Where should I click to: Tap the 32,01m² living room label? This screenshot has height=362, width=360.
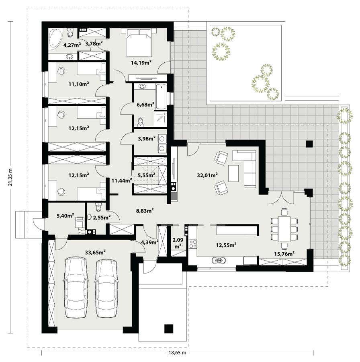(207, 175)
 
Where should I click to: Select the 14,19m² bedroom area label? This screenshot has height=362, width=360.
(140, 62)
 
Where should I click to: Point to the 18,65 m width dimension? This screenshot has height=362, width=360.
(177, 353)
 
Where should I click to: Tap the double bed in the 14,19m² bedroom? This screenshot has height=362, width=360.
(139, 43)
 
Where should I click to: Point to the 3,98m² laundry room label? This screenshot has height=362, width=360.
(146, 139)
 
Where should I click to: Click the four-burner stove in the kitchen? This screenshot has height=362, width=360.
(192, 244)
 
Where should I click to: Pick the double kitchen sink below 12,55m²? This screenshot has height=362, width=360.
(219, 261)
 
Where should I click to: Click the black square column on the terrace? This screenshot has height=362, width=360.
(309, 144)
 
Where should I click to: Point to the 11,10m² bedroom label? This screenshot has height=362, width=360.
(78, 84)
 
